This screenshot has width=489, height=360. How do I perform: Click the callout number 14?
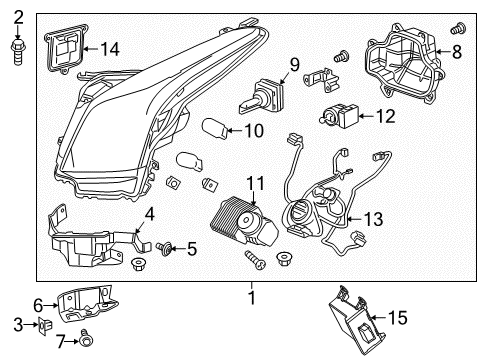pos(109,48)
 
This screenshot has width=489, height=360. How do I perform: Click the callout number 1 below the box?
pos(252,298)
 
